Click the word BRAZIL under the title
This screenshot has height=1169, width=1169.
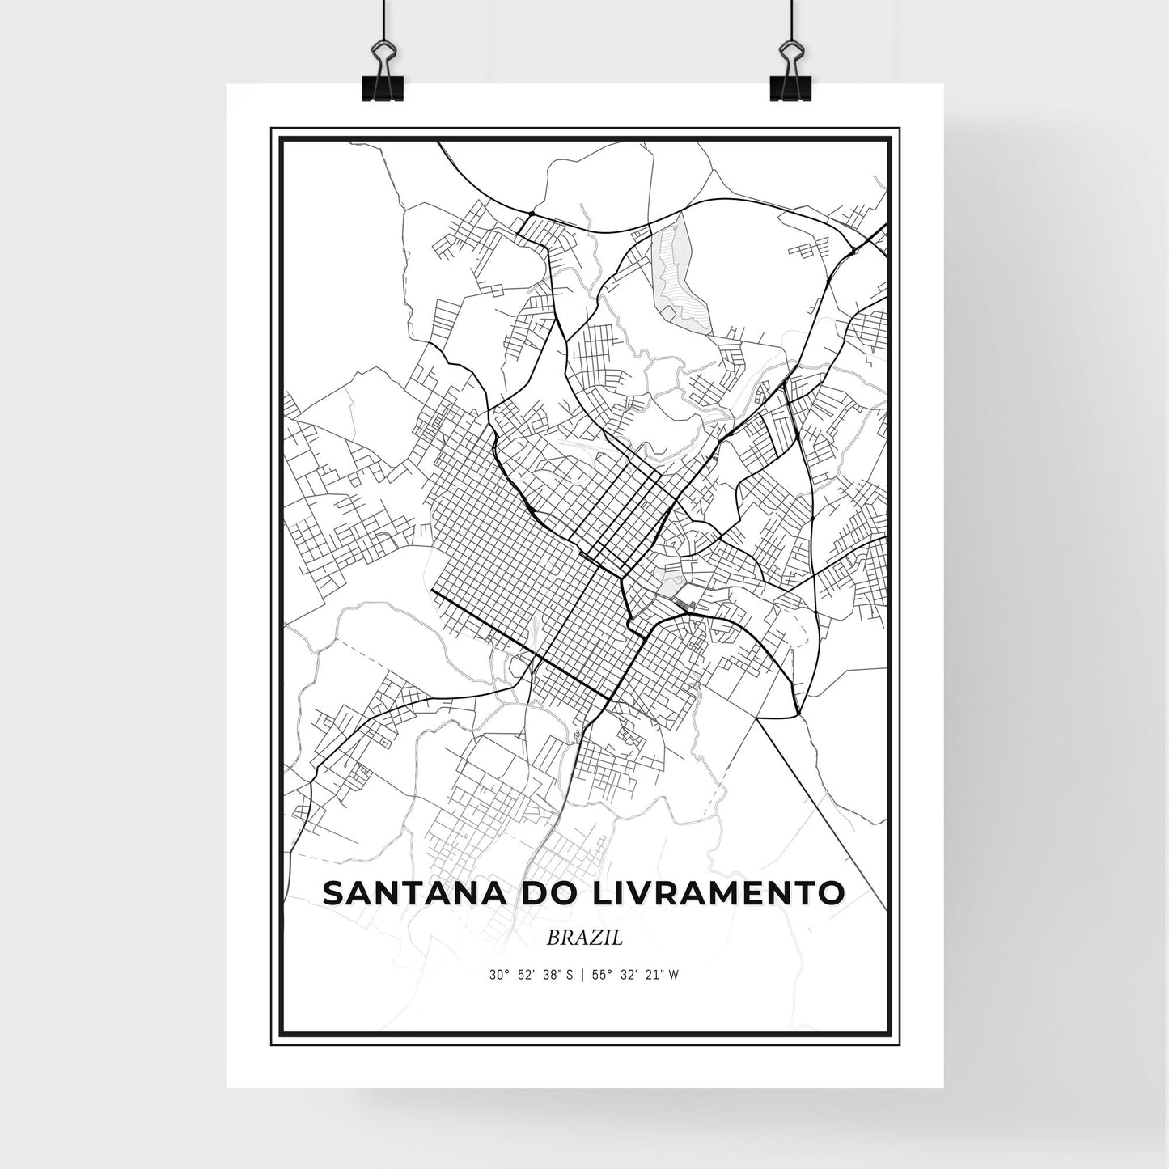[x=584, y=938]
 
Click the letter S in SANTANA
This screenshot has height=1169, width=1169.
[x=333, y=892]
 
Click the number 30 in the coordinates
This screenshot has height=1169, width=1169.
[x=495, y=975]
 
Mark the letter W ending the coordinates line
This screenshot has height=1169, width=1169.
[x=673, y=975]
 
